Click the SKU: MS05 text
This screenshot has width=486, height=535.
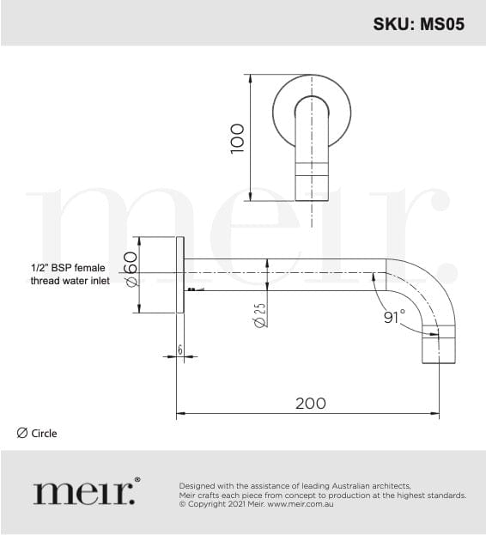point(419,24)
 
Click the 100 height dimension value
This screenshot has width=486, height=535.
point(237,139)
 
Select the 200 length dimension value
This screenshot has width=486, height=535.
point(311,404)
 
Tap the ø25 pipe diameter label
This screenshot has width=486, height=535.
point(260,315)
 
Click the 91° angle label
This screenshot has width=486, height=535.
point(395,317)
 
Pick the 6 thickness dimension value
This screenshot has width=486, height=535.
point(180,350)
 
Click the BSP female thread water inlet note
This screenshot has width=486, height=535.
point(70,274)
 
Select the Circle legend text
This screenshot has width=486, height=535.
point(44,434)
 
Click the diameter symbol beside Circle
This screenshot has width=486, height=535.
point(21,434)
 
